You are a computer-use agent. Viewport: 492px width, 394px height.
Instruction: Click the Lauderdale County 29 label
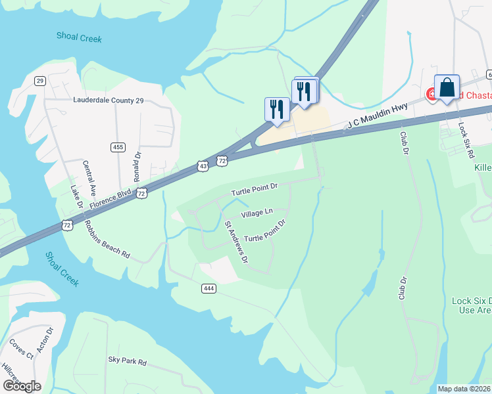107,101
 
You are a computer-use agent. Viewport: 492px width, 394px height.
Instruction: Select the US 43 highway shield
204,167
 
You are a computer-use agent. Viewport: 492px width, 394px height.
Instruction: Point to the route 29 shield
40,80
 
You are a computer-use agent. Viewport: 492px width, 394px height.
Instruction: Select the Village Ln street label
257,213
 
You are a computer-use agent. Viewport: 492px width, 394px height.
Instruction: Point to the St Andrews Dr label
236,242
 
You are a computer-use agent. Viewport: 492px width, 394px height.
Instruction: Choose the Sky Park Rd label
127,361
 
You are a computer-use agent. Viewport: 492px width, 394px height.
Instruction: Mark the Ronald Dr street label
137,167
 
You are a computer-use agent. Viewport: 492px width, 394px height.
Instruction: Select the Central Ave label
91,177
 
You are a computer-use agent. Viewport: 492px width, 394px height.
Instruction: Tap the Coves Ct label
20,349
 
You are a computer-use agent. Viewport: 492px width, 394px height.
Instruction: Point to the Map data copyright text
464,389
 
